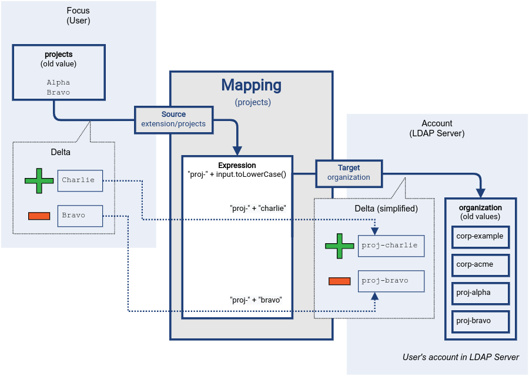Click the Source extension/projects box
tap(173, 119)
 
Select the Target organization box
tap(349, 173)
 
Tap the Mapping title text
tap(252, 85)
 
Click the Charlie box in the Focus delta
tap(80, 180)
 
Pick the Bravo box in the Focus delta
tap(80, 216)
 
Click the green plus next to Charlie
tap(39, 180)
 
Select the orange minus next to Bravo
tap(39, 216)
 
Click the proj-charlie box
tap(391, 246)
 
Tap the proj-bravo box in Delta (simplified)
tap(391, 281)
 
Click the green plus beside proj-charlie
tap(339, 246)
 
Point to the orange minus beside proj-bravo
tap(339, 281)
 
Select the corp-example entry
tap(480, 236)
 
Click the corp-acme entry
tap(480, 264)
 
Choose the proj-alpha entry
tap(480, 293)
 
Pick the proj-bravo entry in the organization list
tap(480, 321)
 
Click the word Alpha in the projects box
tap(58, 83)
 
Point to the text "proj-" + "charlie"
tap(257, 208)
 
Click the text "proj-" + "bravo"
tap(256, 300)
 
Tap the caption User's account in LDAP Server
tap(461, 357)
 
